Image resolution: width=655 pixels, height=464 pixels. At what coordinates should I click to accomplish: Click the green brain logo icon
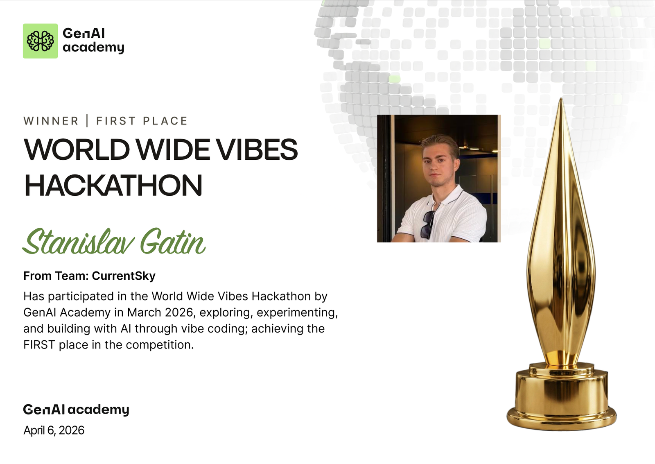click(41, 41)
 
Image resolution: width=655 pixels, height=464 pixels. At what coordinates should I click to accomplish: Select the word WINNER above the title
click(51, 121)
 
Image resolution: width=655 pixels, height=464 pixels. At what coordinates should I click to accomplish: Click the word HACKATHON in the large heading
click(113, 185)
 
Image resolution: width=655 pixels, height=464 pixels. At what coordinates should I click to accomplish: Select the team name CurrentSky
click(124, 276)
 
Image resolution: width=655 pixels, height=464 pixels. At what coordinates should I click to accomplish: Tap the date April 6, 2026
click(54, 430)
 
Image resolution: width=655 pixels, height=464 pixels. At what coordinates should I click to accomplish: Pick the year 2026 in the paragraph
click(179, 312)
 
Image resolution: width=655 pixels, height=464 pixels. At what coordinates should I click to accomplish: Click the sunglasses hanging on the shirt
click(428, 224)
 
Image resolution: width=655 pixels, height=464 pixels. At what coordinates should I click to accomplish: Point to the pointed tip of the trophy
click(561, 99)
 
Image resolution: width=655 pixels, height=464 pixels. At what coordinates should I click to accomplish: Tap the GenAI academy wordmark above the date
click(76, 410)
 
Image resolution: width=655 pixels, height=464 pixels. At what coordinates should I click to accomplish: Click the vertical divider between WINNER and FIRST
click(87, 121)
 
